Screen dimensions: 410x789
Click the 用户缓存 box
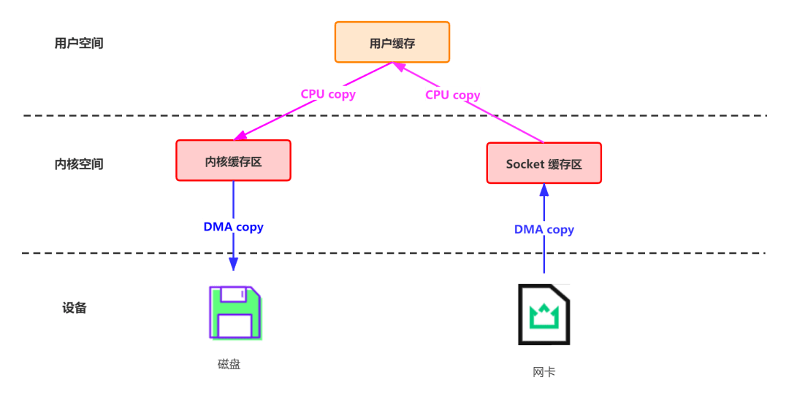(x=392, y=42)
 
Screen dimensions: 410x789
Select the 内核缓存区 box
(x=233, y=160)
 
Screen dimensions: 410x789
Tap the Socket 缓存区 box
(x=544, y=163)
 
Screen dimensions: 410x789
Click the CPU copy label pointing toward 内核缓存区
(x=328, y=93)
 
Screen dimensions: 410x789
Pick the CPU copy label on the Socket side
(x=453, y=94)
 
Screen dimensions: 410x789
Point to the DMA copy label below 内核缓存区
(x=233, y=226)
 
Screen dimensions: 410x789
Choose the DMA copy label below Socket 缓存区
(x=544, y=229)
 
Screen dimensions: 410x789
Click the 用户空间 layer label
(x=79, y=43)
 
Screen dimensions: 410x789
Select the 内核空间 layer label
(x=79, y=163)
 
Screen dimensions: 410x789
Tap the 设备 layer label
(x=75, y=307)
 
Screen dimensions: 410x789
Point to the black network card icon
(x=544, y=314)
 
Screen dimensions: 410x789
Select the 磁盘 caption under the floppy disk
(x=229, y=364)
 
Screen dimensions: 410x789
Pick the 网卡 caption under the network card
(x=544, y=372)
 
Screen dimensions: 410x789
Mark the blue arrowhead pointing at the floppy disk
(x=234, y=263)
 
